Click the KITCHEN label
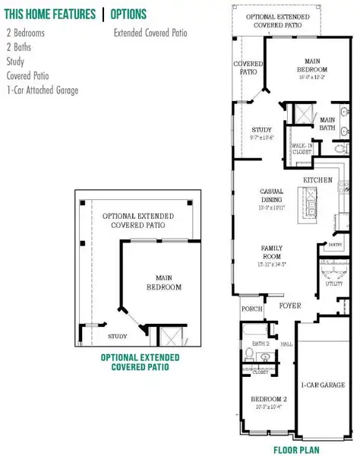(x=318, y=179)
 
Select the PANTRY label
(x=331, y=245)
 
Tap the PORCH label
(x=251, y=309)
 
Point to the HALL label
(x=286, y=344)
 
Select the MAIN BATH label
(x=328, y=124)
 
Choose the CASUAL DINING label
(x=272, y=195)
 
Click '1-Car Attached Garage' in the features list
(x=42, y=90)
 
